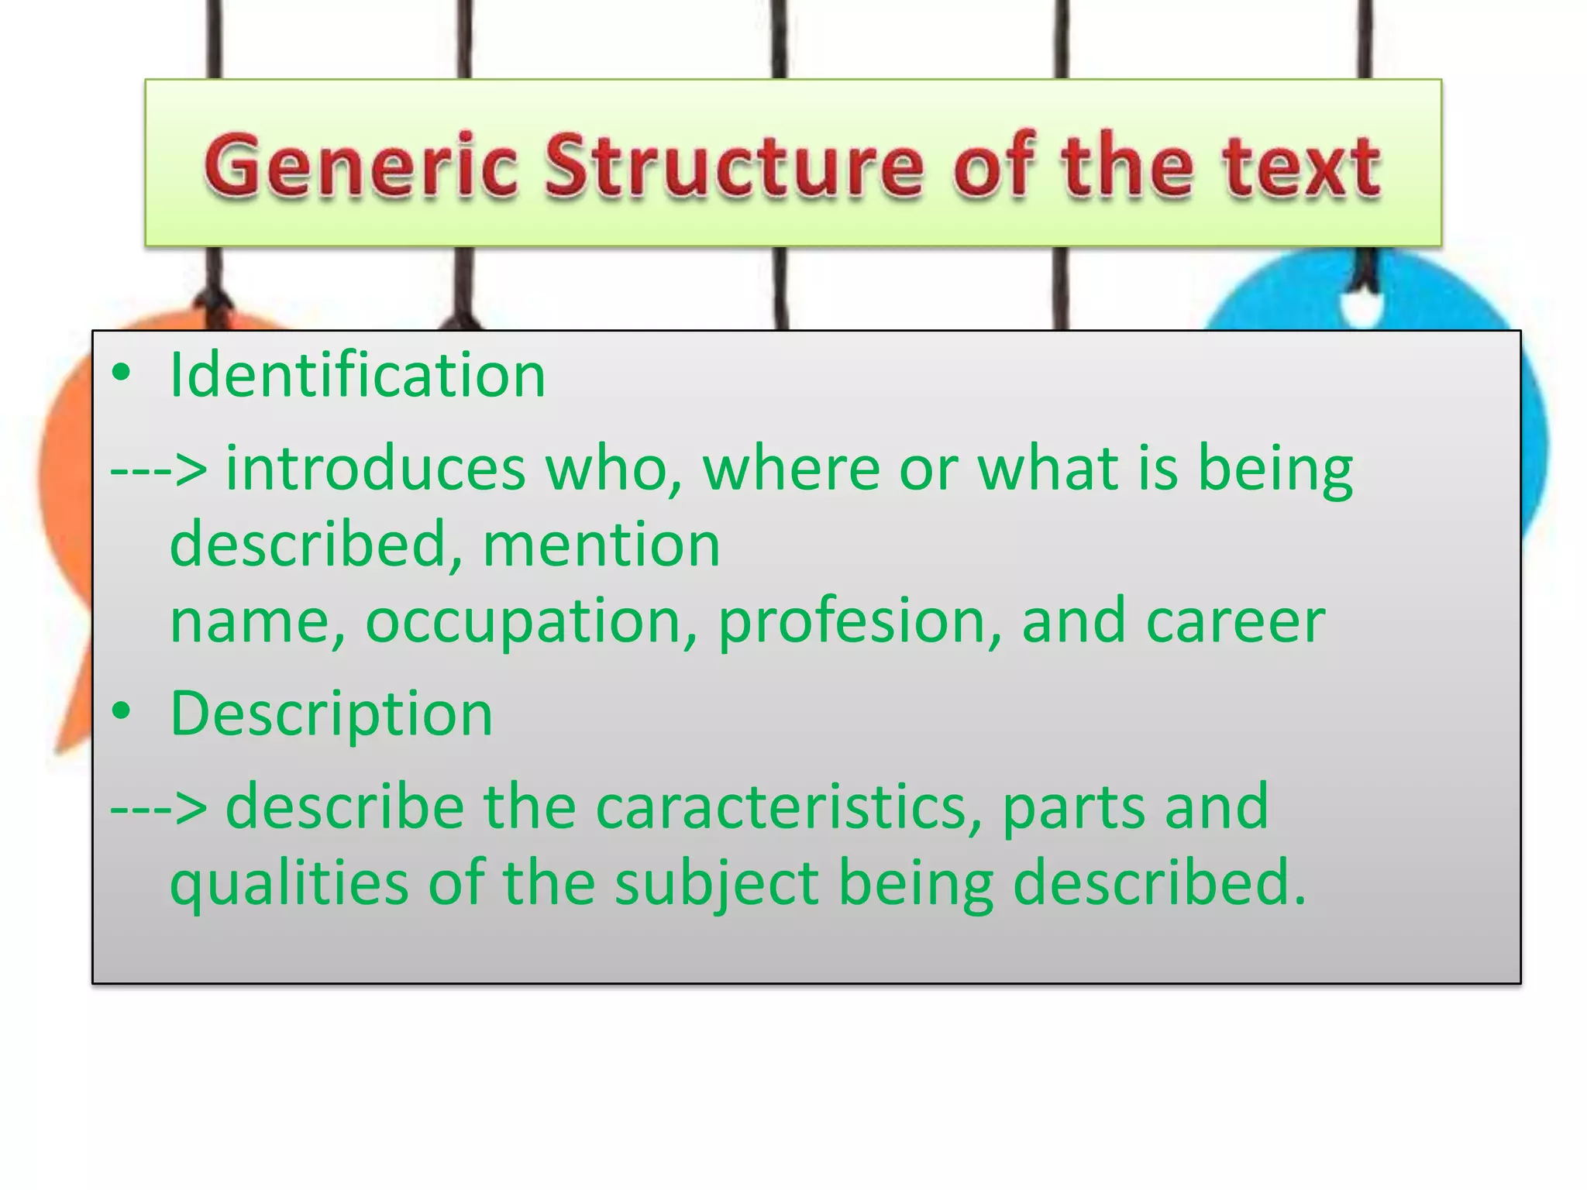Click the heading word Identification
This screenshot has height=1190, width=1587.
click(357, 375)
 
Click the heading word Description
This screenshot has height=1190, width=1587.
click(331, 714)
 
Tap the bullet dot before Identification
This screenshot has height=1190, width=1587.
click(121, 374)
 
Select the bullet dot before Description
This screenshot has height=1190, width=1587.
click(121, 712)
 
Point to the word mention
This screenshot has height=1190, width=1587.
click(601, 545)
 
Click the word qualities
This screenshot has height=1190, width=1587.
click(288, 883)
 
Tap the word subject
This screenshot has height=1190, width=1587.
click(717, 883)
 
